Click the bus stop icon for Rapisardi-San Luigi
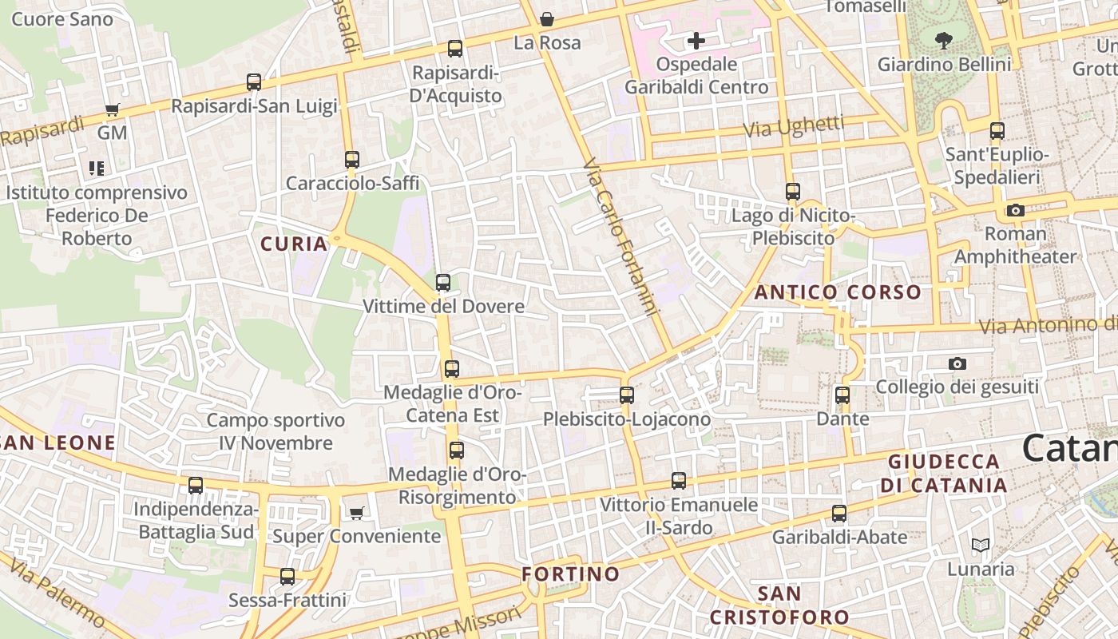point(254,81)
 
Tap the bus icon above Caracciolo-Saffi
point(352,160)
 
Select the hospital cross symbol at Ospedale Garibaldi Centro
point(696,40)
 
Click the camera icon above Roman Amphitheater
point(1015,210)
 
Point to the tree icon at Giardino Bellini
point(943,39)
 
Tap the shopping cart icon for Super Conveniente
point(356,512)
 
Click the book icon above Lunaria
point(981,546)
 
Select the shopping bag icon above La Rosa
point(547,18)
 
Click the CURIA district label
point(295,244)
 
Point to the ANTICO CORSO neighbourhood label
point(838,292)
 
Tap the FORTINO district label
point(570,574)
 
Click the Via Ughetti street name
point(794,126)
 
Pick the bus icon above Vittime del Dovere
point(443,282)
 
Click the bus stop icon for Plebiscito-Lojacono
point(627,395)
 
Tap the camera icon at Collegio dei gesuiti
point(957,363)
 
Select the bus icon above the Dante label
point(842,395)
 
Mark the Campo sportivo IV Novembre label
point(276,431)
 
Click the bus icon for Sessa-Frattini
point(287,576)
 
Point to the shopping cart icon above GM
point(112,109)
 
